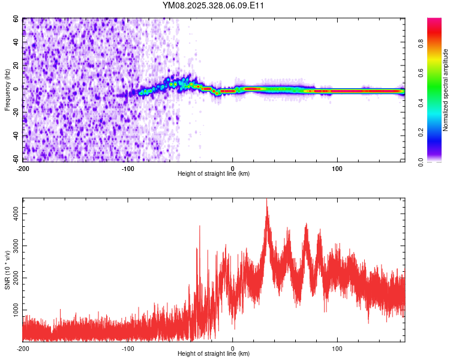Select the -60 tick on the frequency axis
tap(16, 159)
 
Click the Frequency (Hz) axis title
tap(7, 90)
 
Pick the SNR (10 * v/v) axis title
tap(7, 270)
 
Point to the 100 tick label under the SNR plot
tap(337, 348)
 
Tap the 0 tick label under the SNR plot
tap(233, 348)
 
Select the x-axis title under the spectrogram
tap(214, 174)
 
